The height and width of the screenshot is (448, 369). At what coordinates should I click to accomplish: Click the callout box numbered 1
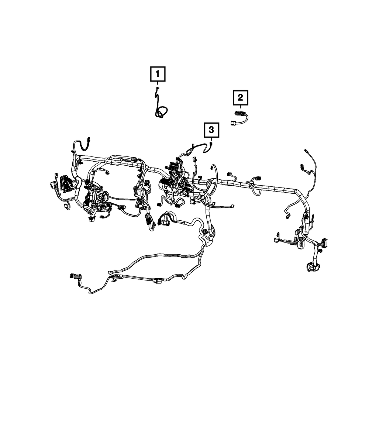[158, 74]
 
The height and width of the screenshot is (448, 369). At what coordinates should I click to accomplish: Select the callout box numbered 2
[240, 98]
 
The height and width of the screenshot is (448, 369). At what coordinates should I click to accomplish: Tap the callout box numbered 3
[211, 130]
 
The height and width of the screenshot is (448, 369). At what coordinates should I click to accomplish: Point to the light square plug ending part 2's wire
[233, 123]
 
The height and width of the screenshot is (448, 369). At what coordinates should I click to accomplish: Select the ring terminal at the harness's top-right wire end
[306, 151]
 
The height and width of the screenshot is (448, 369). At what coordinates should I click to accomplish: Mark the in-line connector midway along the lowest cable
[157, 281]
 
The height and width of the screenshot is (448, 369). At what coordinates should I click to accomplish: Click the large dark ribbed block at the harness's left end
[63, 183]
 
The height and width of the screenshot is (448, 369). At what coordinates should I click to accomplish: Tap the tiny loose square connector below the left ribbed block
[66, 205]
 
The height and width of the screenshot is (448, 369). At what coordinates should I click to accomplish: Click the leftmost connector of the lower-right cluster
[276, 240]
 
